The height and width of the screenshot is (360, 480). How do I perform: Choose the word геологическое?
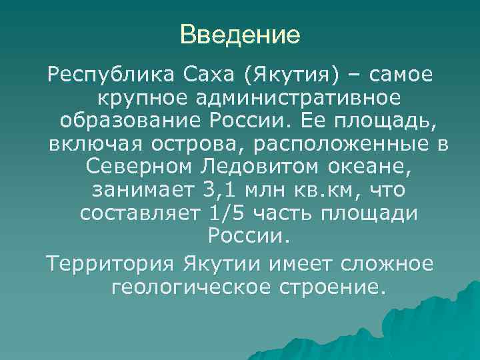click(189, 287)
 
